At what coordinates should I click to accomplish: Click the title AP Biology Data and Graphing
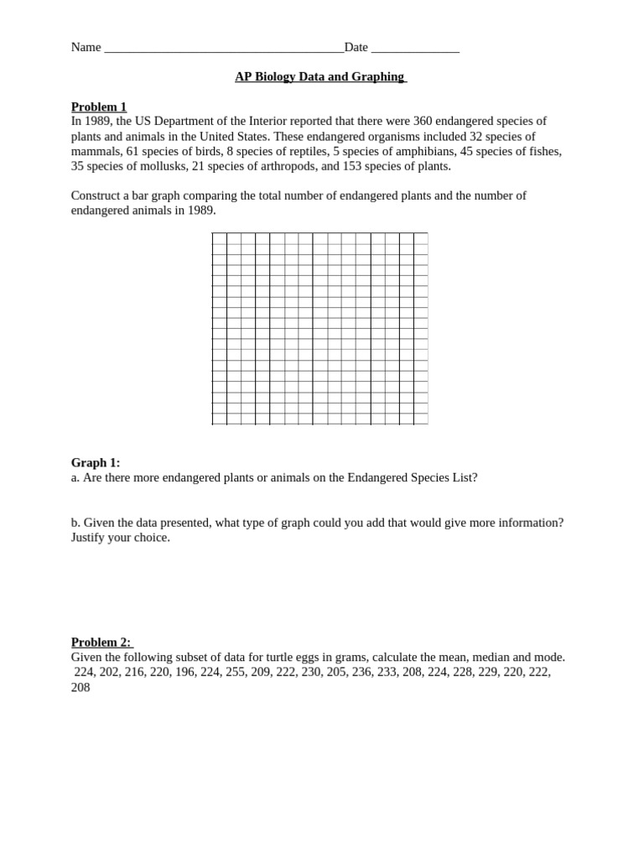pyautogui.click(x=320, y=76)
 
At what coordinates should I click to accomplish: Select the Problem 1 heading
pyautogui.click(x=99, y=107)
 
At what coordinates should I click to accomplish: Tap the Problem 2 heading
pyautogui.click(x=101, y=642)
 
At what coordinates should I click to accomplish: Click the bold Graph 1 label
pyautogui.click(x=96, y=462)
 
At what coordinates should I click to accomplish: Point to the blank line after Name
pyautogui.click(x=223, y=48)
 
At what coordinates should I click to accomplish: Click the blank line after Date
pyautogui.click(x=415, y=48)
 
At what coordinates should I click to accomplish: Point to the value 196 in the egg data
pyautogui.click(x=185, y=672)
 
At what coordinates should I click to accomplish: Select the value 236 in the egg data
pyautogui.click(x=362, y=672)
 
